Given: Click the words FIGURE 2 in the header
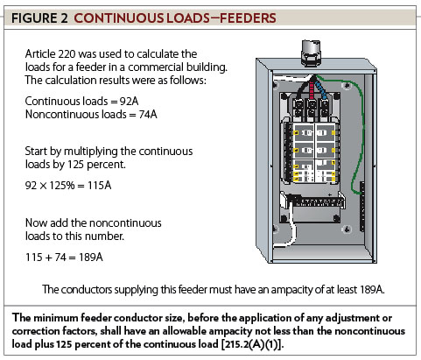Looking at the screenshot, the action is pos(39,18).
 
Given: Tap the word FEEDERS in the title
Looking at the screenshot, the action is pos(248,18).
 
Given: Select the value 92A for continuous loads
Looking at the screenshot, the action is pos(129,102).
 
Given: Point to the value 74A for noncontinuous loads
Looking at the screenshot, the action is pos(148,115).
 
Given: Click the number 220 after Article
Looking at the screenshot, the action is pos(67,54).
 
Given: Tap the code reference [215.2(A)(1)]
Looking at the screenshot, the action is pos(252,344).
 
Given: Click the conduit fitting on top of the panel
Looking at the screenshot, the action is pos(311,53).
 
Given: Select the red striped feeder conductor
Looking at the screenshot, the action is pos(312,88).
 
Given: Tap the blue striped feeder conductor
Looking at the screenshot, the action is pos(321,89).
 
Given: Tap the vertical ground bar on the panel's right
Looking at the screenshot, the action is pos(362,207).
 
